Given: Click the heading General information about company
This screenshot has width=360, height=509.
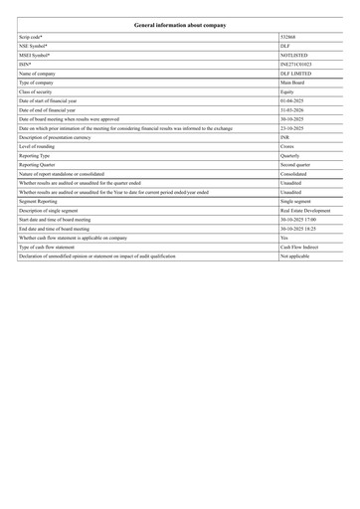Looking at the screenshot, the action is [x=180, y=20].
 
